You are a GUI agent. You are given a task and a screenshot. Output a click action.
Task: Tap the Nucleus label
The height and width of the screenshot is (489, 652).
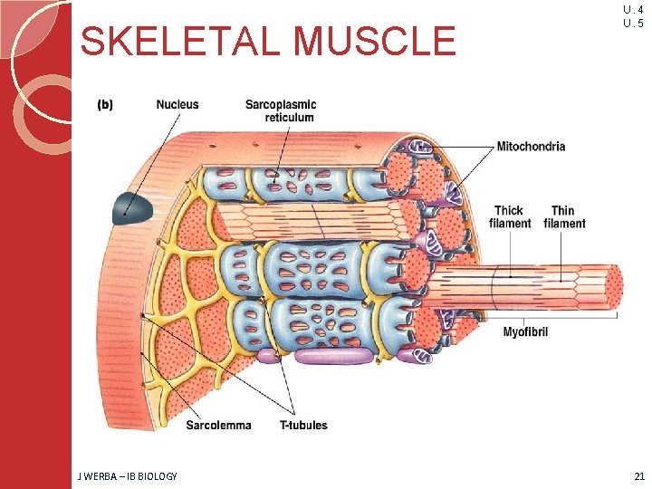point(177,105)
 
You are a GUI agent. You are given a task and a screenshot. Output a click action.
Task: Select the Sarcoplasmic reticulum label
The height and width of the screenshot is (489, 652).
point(281,110)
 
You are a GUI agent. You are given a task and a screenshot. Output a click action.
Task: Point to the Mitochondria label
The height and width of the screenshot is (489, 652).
point(531,146)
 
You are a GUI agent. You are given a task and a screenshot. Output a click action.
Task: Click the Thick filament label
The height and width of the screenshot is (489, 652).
point(509,217)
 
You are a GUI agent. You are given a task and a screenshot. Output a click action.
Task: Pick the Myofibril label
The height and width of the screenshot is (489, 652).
point(525,332)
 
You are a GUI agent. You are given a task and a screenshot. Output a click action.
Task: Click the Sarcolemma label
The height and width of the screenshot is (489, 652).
point(219,425)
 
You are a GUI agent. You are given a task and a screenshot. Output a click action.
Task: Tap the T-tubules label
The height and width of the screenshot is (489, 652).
point(304,425)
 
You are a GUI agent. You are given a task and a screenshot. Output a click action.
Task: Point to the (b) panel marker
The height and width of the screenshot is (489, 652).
point(105,105)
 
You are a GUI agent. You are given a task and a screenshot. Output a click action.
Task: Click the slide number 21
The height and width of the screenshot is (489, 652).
point(639,476)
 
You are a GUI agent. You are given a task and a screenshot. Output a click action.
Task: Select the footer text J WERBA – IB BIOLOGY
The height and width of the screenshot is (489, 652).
point(128,476)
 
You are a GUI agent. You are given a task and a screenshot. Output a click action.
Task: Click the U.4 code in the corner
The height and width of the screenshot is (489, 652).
point(633,10)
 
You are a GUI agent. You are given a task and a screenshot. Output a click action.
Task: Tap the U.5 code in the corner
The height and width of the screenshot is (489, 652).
point(633,24)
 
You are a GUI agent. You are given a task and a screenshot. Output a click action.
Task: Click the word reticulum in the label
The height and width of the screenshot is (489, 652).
point(290,117)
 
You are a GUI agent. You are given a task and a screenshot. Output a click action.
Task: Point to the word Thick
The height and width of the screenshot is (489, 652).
point(509,211)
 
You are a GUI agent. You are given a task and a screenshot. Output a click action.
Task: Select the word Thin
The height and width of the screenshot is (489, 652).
point(563,211)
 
